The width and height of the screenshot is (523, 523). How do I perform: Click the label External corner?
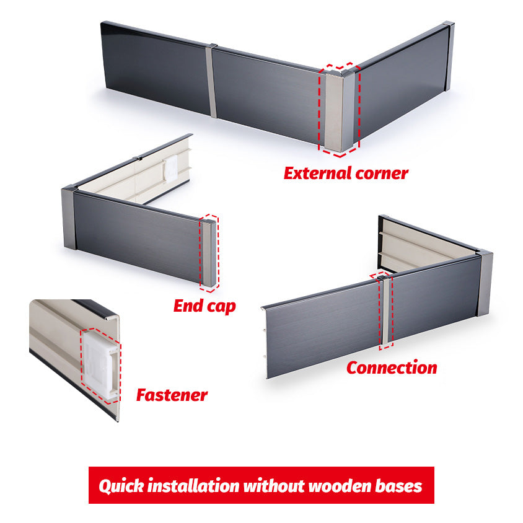(346, 173)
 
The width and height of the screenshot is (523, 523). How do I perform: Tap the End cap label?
(204, 305)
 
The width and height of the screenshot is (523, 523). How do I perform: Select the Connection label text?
(391, 367)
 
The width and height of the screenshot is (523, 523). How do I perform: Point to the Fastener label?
(172, 395)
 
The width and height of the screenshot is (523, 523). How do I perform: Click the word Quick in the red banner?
(120, 485)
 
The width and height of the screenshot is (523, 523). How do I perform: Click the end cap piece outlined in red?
(209, 253)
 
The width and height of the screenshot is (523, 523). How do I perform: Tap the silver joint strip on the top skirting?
(212, 81)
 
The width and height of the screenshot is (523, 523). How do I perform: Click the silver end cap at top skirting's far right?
(449, 56)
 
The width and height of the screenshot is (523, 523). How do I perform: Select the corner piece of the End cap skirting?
(68, 218)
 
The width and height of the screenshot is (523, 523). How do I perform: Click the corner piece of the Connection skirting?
(485, 283)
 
